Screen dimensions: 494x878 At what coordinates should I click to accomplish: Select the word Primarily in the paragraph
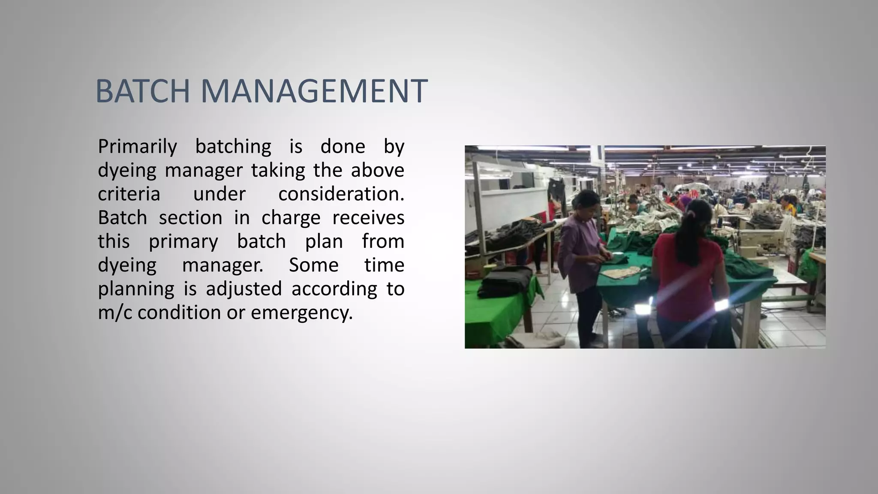click(x=137, y=147)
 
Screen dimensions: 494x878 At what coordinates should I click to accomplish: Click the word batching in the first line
click(x=233, y=147)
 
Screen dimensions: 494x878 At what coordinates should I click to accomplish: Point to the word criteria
click(x=129, y=194)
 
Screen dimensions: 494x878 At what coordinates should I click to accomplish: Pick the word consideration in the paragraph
click(x=340, y=194)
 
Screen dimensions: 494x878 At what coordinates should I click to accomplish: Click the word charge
click(x=291, y=218)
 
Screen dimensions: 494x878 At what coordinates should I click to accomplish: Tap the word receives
click(x=368, y=218)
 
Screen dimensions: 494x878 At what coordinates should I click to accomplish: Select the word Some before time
click(x=313, y=265)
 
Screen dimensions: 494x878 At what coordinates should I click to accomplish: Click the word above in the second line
click(x=377, y=170)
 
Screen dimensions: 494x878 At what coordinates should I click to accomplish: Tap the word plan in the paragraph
click(x=324, y=241)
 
